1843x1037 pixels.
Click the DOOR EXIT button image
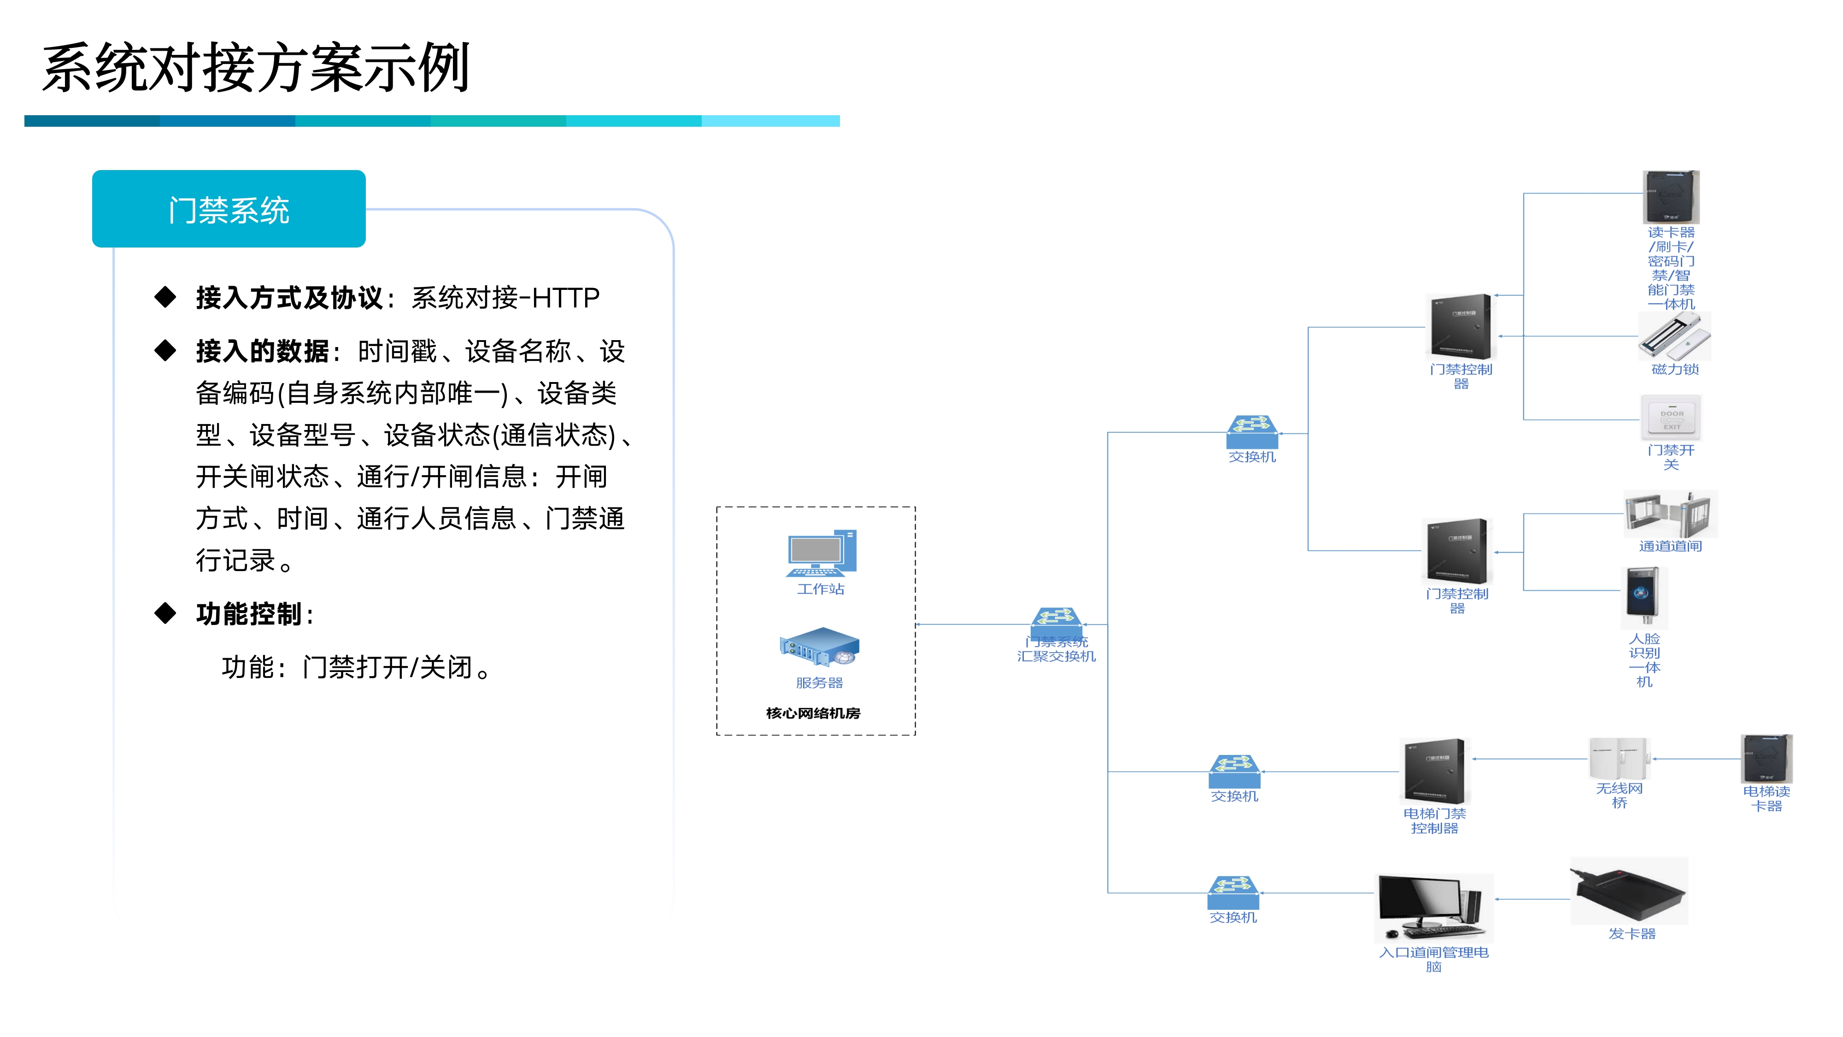coord(1671,418)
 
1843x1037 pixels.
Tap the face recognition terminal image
coord(1643,595)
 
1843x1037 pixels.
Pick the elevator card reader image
coord(1767,759)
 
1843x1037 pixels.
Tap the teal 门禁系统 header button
coord(229,209)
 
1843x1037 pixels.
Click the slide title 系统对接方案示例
coord(255,68)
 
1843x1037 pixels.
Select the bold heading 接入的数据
coord(263,351)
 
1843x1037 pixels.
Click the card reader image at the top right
coord(1671,197)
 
